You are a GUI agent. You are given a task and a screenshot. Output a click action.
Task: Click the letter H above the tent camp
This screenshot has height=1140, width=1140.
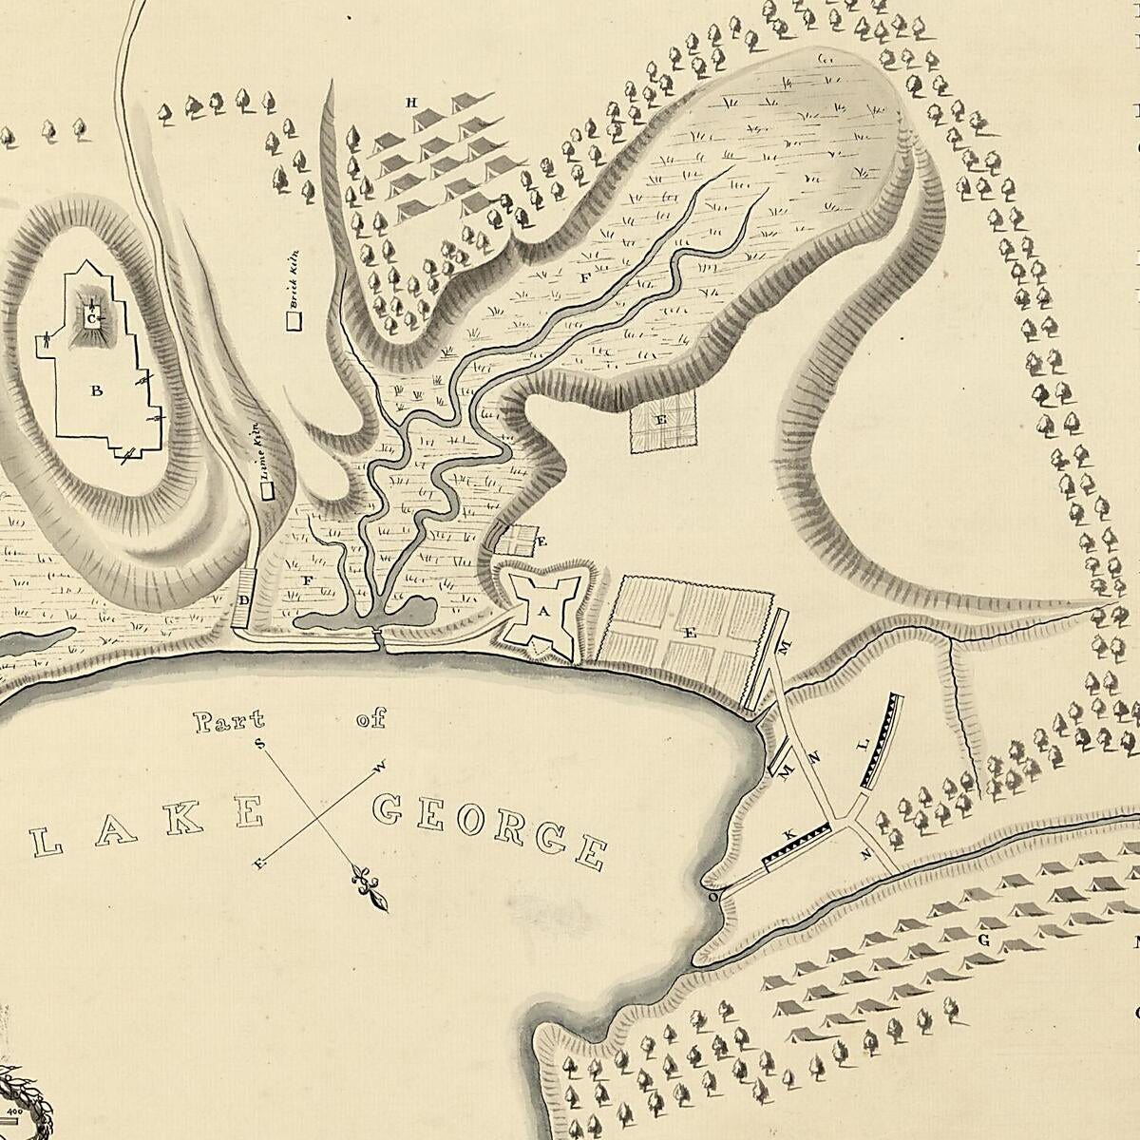click(x=412, y=102)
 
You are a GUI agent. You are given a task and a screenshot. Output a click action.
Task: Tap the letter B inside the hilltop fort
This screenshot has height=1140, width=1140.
click(x=96, y=389)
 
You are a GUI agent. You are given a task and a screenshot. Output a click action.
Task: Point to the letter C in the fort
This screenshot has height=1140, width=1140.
click(x=91, y=319)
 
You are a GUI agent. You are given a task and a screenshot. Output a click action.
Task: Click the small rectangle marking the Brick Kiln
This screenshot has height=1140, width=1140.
click(x=294, y=320)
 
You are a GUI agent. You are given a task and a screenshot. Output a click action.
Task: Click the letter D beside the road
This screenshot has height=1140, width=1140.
click(x=244, y=600)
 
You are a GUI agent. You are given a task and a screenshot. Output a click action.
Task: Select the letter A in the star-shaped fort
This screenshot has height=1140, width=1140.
click(x=543, y=613)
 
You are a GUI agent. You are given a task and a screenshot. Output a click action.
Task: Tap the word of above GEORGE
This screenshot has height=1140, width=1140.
click(x=371, y=721)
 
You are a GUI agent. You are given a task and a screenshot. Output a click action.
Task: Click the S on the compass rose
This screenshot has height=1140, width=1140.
click(x=260, y=743)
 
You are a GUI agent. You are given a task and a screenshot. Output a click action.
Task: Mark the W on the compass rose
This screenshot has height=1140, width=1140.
click(x=382, y=765)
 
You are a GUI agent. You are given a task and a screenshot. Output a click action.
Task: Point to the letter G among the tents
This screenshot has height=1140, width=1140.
click(x=984, y=940)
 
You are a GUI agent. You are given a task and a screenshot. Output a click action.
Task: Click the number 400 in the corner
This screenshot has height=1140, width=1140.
click(x=14, y=1110)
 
